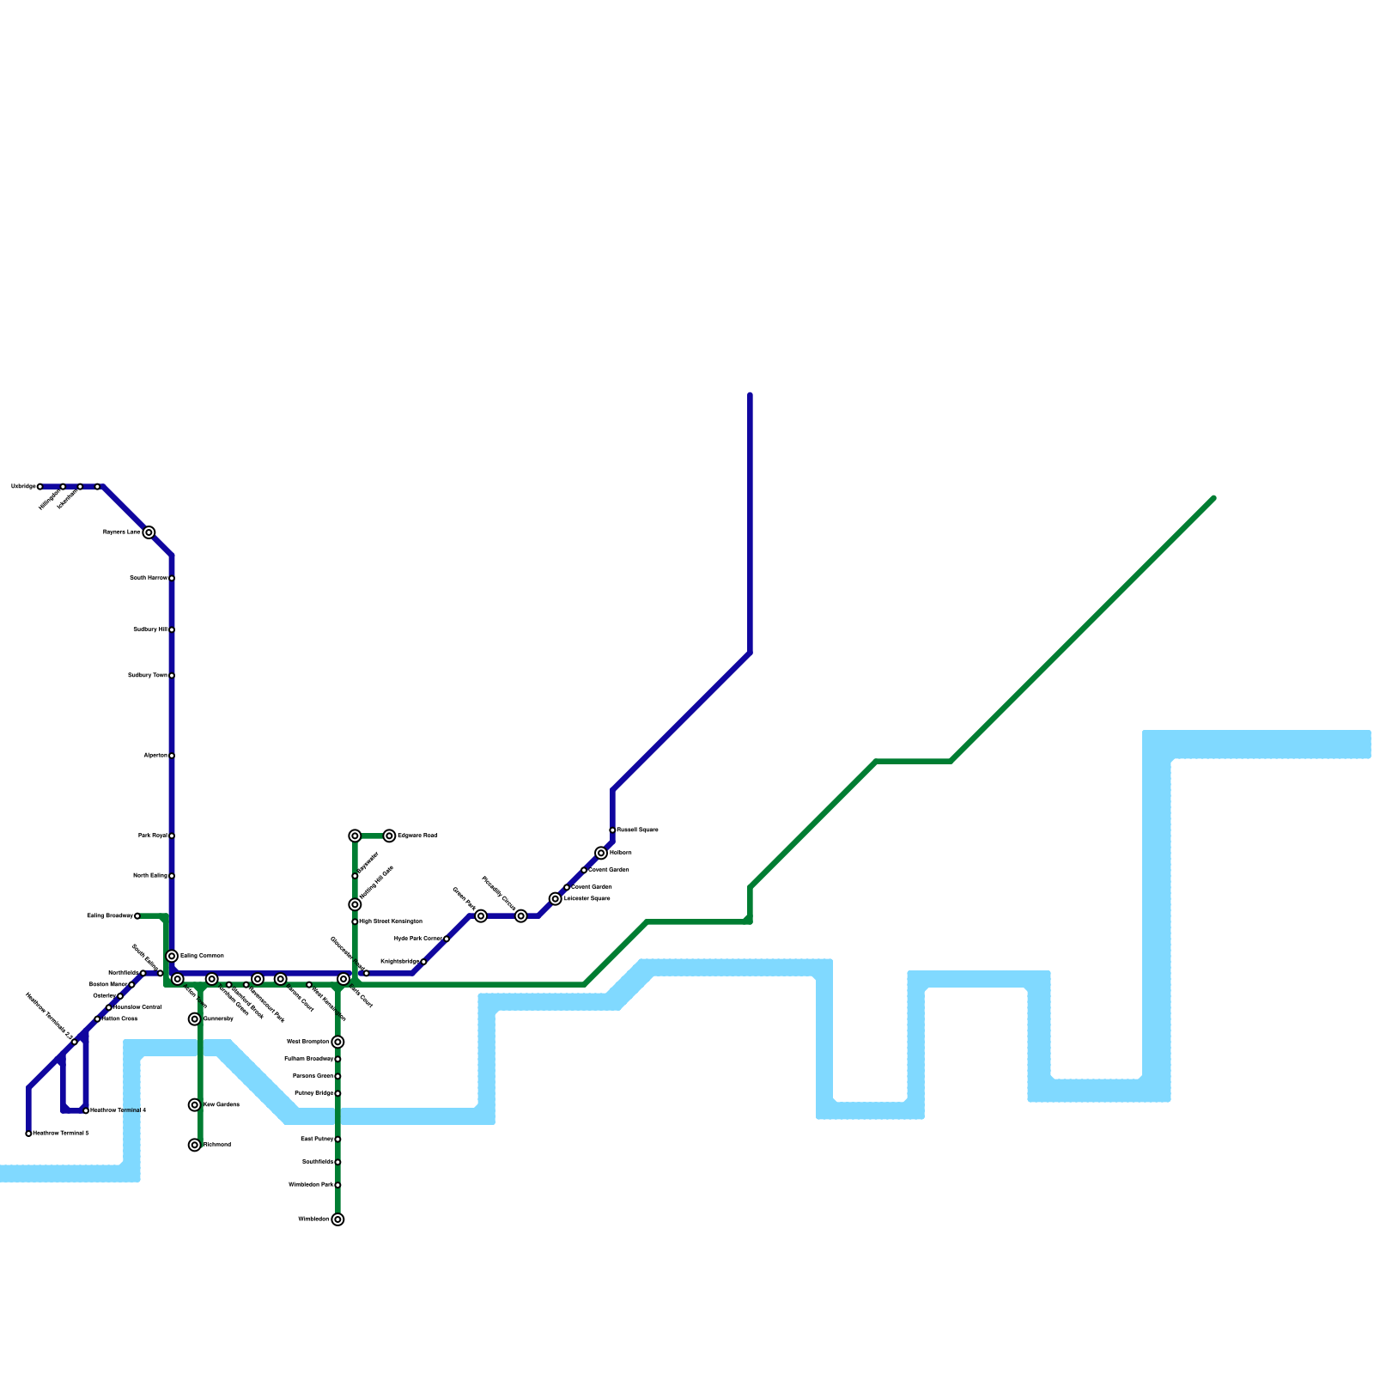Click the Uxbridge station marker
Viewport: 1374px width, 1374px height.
tap(40, 487)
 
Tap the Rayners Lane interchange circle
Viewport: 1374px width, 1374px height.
tap(149, 532)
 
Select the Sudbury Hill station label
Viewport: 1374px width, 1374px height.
tap(150, 629)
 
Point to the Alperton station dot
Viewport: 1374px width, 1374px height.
tap(172, 756)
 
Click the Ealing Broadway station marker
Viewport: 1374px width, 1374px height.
tap(137, 916)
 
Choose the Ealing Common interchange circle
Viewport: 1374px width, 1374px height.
tap(172, 956)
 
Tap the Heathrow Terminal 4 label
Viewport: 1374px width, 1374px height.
tap(118, 1110)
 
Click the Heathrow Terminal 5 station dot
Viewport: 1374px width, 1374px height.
tap(28, 1134)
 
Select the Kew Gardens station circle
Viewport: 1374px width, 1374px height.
tap(195, 1105)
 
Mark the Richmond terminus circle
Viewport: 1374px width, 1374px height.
tap(195, 1145)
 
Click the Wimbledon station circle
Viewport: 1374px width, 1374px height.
tap(338, 1219)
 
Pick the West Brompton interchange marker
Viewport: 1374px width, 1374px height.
tap(338, 1042)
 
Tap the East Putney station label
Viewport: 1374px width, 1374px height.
tap(317, 1139)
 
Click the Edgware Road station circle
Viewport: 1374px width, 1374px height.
tap(389, 836)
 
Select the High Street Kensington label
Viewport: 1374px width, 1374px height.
tap(391, 921)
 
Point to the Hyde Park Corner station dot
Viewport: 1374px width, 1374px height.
tap(447, 939)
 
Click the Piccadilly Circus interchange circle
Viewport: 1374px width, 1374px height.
tap(521, 916)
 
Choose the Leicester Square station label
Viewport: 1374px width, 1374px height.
tap(587, 899)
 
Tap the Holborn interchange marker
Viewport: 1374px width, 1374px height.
tap(601, 853)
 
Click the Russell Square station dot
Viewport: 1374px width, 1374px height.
tap(612, 830)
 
